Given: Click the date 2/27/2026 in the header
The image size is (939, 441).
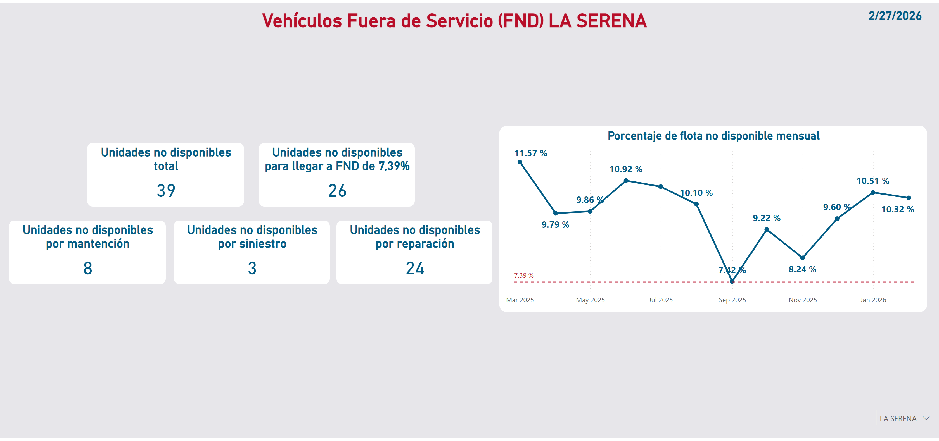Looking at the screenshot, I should click(x=895, y=16).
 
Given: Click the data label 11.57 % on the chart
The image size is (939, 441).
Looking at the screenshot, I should click(x=530, y=153).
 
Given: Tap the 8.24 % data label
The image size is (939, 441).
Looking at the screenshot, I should click(x=802, y=269).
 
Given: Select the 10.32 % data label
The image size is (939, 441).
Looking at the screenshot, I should click(x=897, y=209).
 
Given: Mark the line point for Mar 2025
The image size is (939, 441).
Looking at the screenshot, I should click(x=520, y=162).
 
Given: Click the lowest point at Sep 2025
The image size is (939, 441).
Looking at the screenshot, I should click(x=732, y=281).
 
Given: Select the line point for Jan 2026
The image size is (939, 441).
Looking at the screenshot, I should click(x=873, y=192).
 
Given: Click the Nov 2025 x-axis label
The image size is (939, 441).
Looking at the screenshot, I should click(x=802, y=300).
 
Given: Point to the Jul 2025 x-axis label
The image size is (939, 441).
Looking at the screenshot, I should click(x=660, y=300).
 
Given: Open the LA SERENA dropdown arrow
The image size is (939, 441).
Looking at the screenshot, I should click(x=926, y=418).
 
